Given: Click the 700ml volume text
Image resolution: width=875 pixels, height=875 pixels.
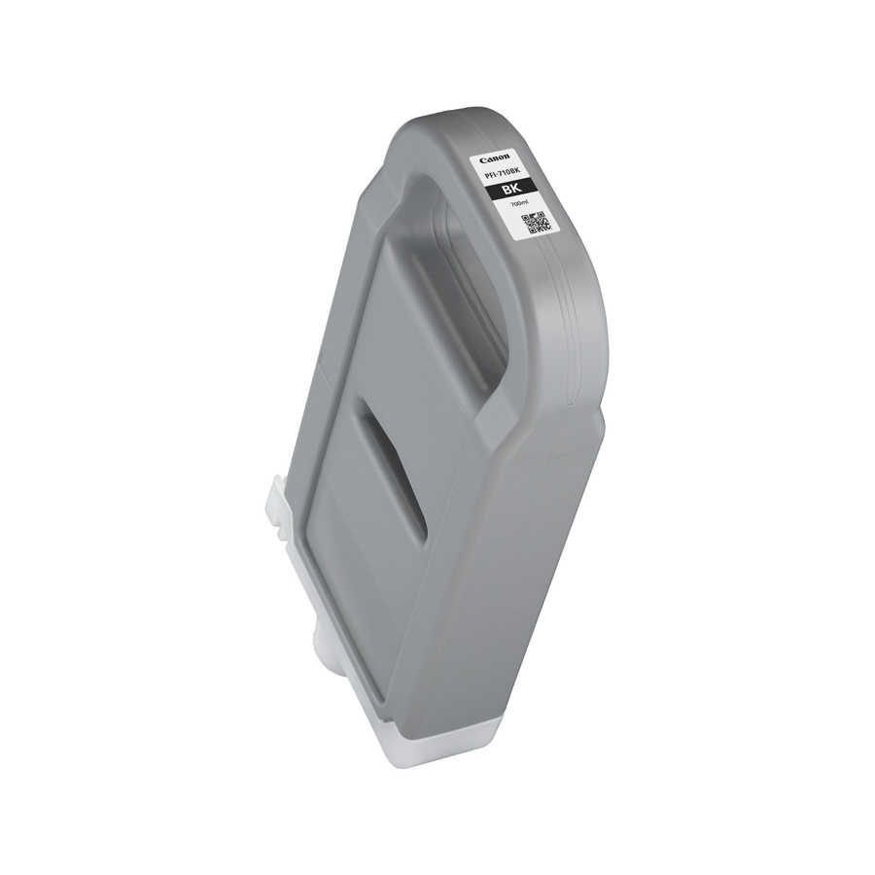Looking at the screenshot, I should click(520, 203).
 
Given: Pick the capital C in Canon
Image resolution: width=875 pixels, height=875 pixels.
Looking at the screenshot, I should click(482, 160).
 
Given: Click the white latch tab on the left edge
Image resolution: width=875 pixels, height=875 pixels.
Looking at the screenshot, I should click(278, 507).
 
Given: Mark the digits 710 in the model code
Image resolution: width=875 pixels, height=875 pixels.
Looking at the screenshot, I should click(506, 173).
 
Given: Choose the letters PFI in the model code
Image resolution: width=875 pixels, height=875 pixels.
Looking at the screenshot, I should click(489, 175).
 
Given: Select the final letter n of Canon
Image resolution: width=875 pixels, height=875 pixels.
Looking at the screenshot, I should click(507, 156).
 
